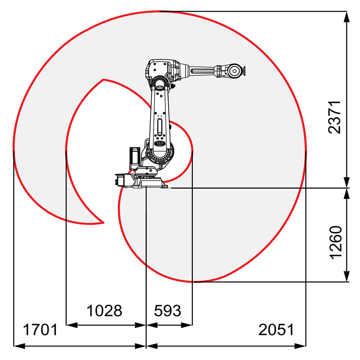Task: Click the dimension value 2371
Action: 334,117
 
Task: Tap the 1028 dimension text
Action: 104,310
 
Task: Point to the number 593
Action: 167,310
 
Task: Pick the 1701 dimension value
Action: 40,330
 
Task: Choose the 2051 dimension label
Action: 276,330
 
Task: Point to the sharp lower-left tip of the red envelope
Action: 104,223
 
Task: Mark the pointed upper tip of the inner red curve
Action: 104,80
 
